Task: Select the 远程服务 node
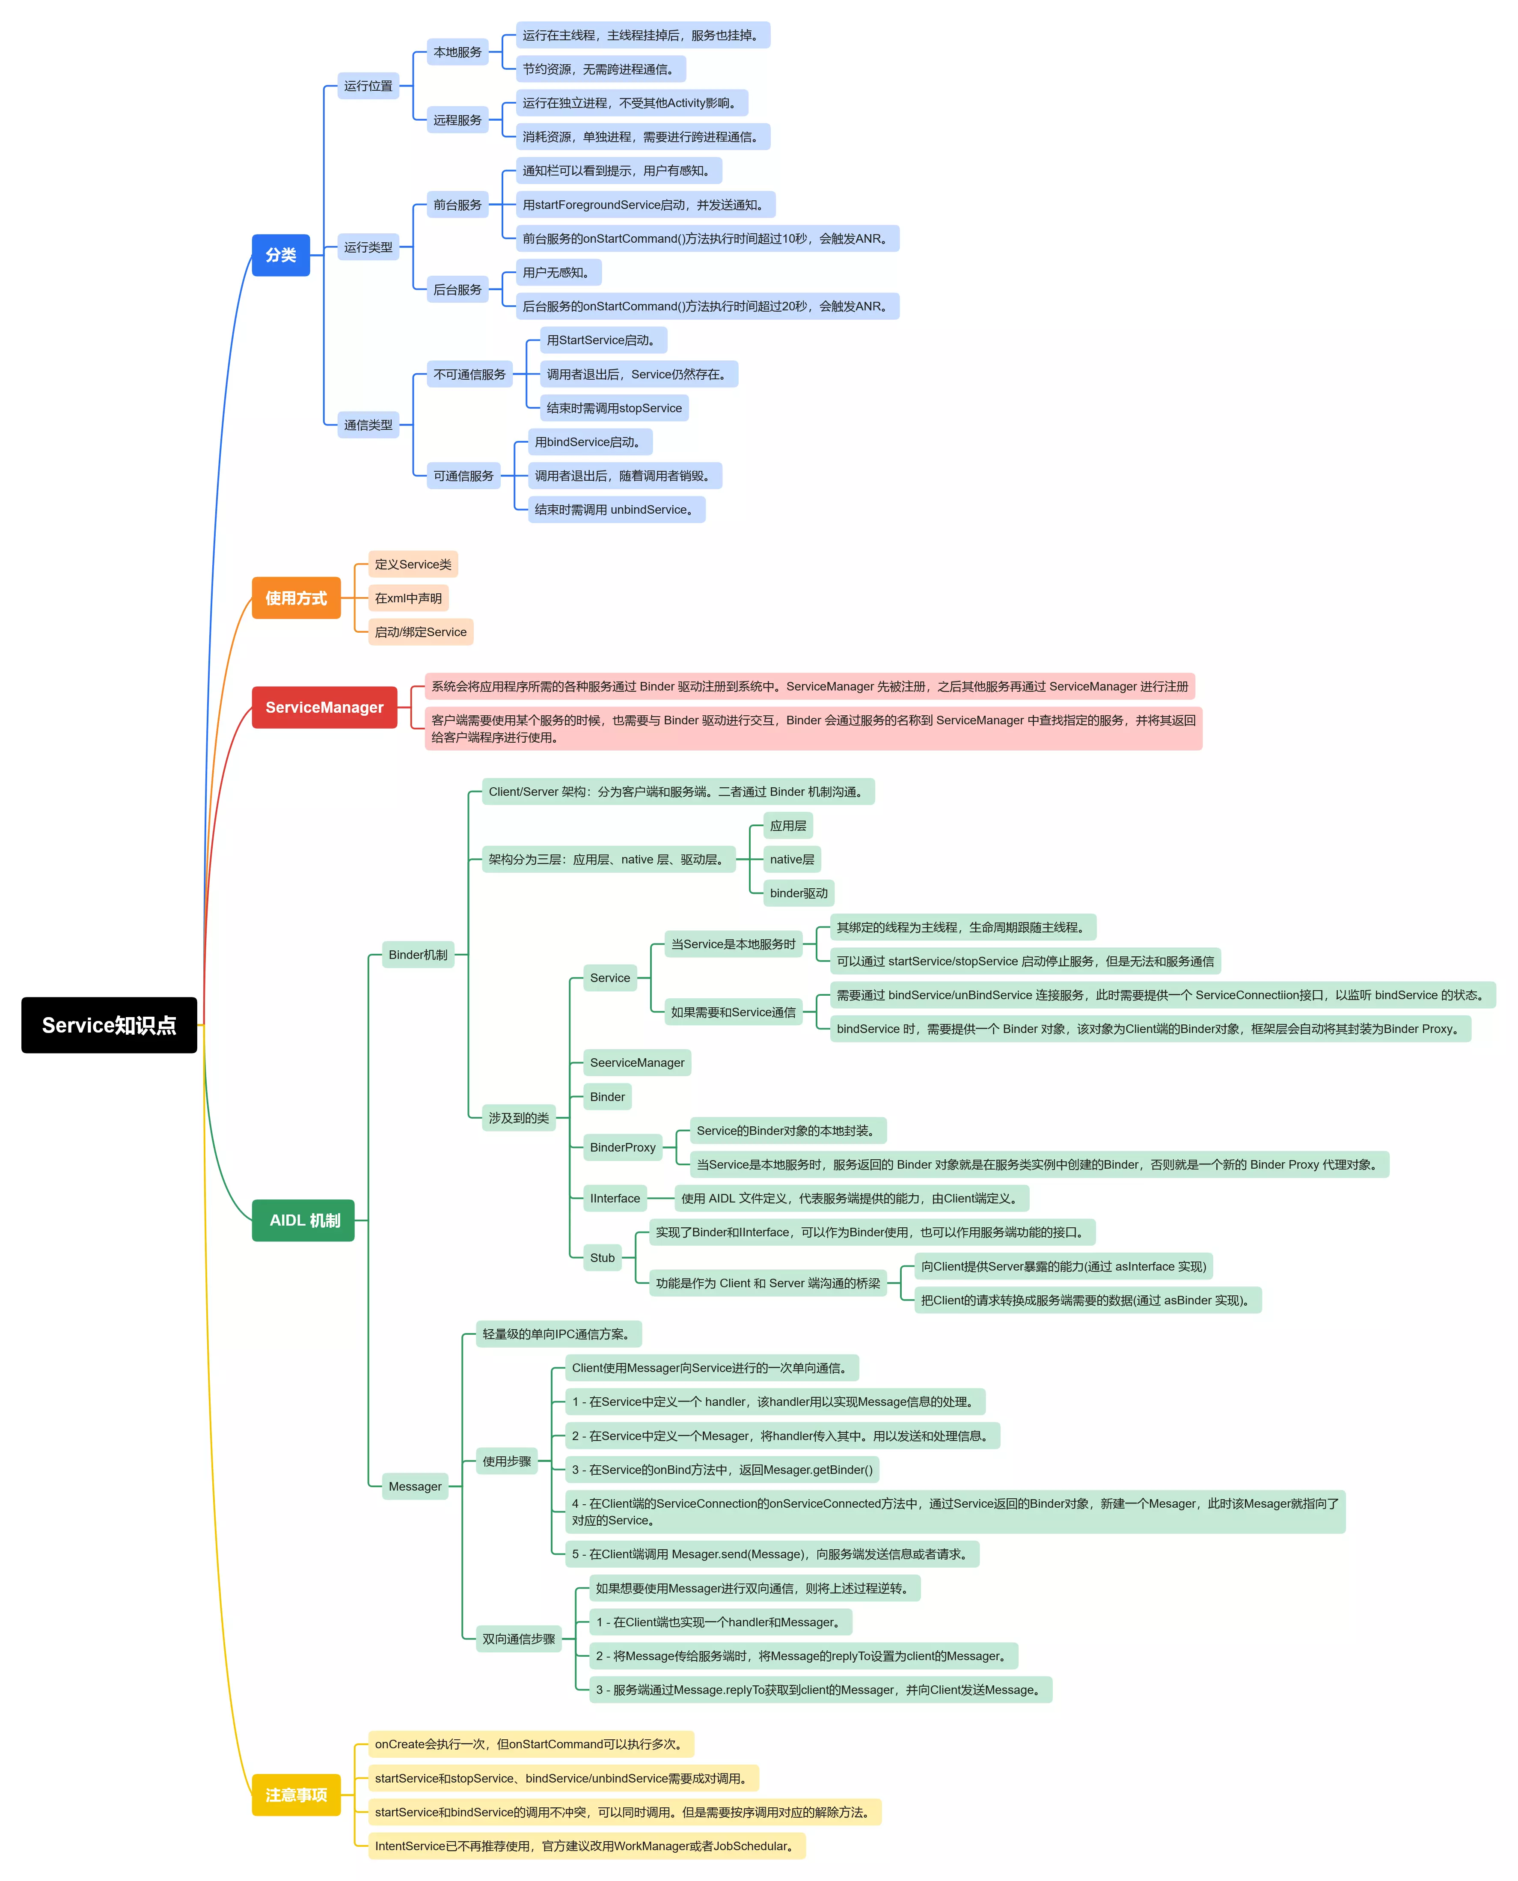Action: [x=457, y=120]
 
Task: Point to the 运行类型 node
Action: [x=368, y=247]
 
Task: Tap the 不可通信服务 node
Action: [x=469, y=374]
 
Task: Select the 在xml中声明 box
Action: [x=408, y=598]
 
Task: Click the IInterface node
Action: [x=615, y=1198]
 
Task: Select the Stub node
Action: [x=603, y=1258]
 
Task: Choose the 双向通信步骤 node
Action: [x=519, y=1639]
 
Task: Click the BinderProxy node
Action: [x=623, y=1147]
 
